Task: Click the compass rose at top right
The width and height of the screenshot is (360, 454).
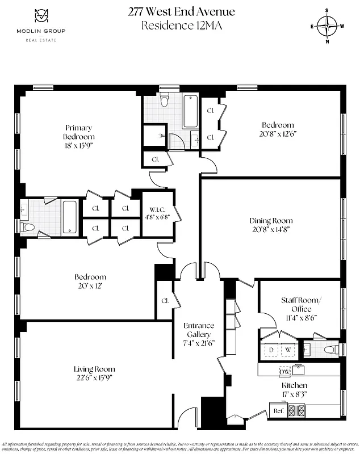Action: click(327, 26)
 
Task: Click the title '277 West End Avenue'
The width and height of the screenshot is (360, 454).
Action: click(181, 12)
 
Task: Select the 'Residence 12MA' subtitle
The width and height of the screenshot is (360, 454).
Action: click(181, 25)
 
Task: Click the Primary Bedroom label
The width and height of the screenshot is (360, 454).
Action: click(78, 132)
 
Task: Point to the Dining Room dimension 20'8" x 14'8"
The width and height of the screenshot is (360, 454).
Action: click(271, 230)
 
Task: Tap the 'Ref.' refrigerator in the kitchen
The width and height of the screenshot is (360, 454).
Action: click(278, 410)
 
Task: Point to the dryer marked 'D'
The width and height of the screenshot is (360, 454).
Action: click(271, 350)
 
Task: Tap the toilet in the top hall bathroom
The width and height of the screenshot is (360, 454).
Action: click(164, 102)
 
